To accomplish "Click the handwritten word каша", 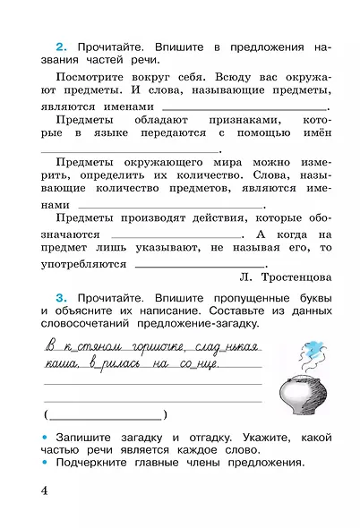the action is click(x=59, y=365).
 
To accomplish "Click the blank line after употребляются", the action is click(x=199, y=267).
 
